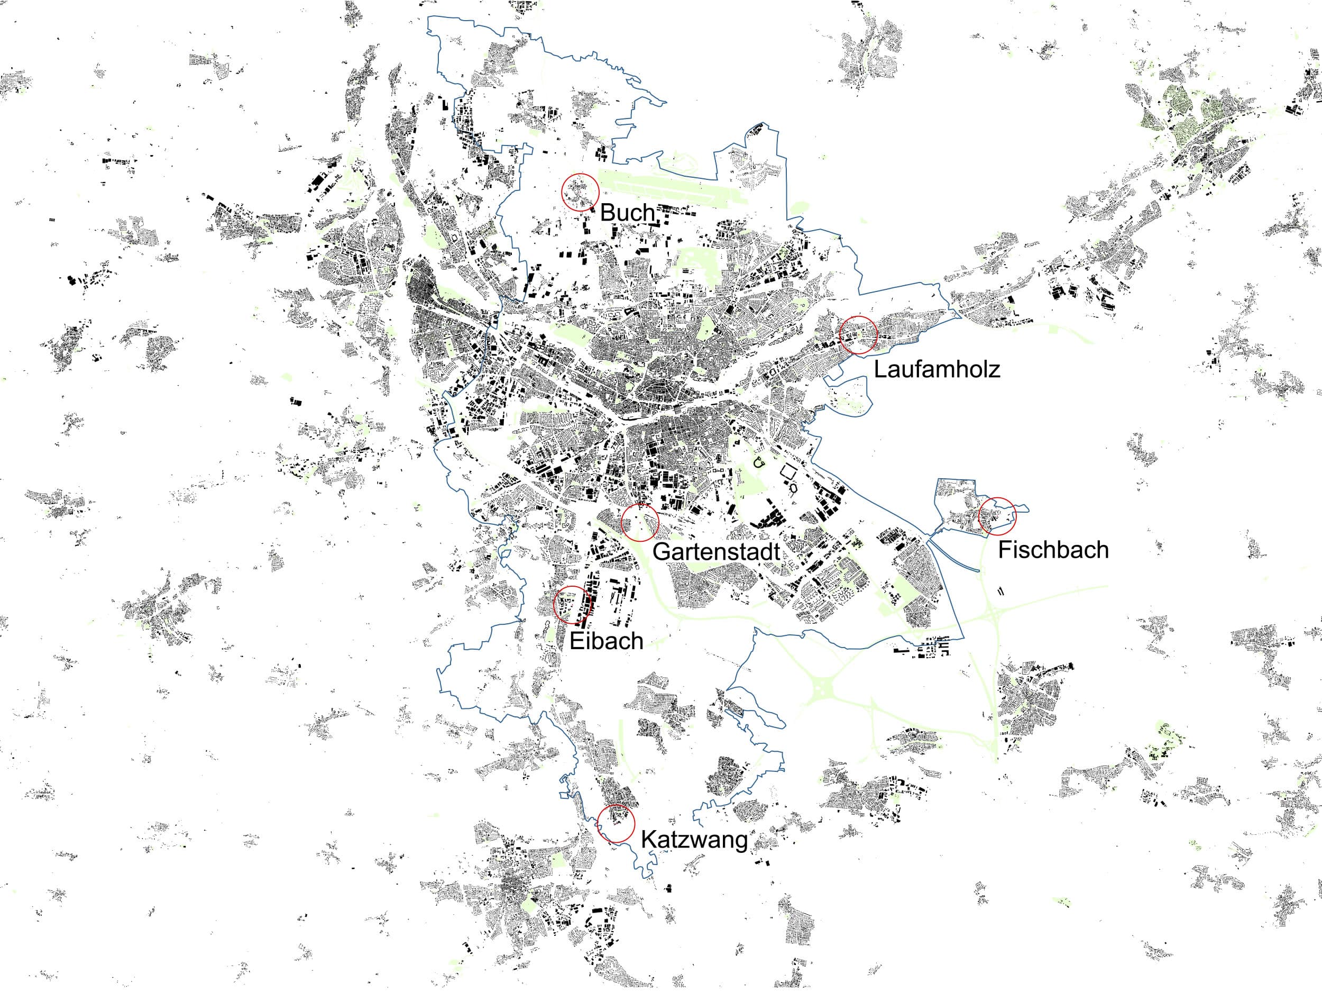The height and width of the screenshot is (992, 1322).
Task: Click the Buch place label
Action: coord(627,212)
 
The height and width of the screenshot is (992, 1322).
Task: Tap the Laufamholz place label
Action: coord(937,369)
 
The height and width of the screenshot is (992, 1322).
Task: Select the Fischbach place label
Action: coord(1053,550)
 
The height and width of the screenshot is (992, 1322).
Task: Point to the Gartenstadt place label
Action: coord(716,551)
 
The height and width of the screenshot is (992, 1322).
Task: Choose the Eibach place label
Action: coord(606,641)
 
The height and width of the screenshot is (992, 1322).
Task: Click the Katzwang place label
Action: coord(694,840)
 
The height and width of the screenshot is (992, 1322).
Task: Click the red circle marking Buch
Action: coord(580,192)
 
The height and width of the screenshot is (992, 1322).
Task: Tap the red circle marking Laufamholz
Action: coord(858,335)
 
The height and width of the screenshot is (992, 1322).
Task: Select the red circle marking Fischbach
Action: coord(997,516)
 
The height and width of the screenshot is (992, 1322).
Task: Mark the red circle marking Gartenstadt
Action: coord(639,523)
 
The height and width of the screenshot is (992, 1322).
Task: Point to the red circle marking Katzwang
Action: coord(616,824)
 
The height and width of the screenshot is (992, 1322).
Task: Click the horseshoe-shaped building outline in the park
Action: coord(759,462)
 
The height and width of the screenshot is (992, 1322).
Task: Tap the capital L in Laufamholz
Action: coord(880,369)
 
